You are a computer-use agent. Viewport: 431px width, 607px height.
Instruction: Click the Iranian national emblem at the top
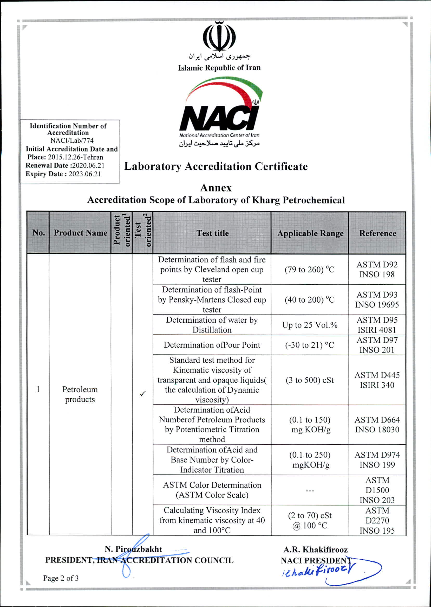[x=219, y=37]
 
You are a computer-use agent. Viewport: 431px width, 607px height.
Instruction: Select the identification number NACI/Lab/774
[x=72, y=140]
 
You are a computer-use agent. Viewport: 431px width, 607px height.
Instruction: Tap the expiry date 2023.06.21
[x=85, y=174]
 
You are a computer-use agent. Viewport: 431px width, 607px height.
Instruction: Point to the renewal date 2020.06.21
[x=88, y=165]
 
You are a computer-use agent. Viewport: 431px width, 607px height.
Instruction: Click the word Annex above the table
[x=216, y=188]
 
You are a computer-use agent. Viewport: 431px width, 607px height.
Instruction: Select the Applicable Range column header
[x=310, y=233]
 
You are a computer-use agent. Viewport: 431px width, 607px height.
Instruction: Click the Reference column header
[x=377, y=233]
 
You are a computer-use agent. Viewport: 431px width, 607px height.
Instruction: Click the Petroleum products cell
[x=80, y=394]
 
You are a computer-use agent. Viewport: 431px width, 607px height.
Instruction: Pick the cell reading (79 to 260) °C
[x=309, y=270]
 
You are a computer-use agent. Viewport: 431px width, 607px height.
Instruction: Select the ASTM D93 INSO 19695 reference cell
[x=377, y=300]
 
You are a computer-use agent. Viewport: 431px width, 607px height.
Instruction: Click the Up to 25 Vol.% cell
[x=309, y=325]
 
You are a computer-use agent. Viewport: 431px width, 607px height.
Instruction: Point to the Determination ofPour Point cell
[x=212, y=345]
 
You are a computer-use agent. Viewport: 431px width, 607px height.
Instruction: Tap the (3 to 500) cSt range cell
[x=309, y=380]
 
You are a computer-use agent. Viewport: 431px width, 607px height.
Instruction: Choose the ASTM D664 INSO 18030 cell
[x=377, y=425]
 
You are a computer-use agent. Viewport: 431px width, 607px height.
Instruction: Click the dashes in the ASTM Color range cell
[x=309, y=490]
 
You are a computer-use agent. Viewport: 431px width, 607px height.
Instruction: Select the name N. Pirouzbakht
[x=133, y=549]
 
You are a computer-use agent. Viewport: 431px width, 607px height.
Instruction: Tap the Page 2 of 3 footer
[x=61, y=578]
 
